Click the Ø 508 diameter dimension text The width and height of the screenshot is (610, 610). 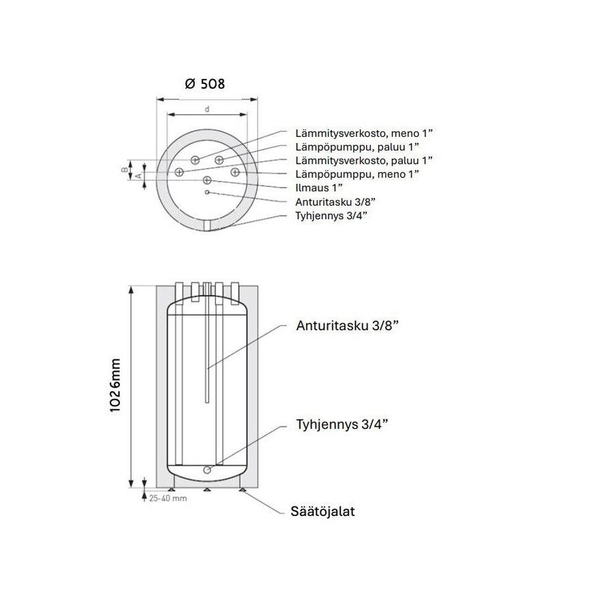pyautogui.click(x=205, y=84)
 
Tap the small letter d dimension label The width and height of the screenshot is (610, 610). pyautogui.click(x=207, y=109)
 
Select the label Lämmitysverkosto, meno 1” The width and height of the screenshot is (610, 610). pyautogui.click(x=364, y=134)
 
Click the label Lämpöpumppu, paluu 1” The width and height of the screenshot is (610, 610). pyautogui.click(x=357, y=147)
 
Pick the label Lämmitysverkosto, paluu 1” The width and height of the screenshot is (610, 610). pyautogui.click(x=364, y=160)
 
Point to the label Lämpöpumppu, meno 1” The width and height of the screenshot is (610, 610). pyautogui.click(x=357, y=174)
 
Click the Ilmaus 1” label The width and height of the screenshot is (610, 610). pyautogui.click(x=319, y=187)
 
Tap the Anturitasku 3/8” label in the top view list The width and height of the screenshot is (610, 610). pyautogui.click(x=335, y=202)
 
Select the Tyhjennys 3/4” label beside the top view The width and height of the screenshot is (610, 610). pyautogui.click(x=331, y=215)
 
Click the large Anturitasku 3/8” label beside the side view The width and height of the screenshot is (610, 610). pyautogui.click(x=348, y=326)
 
